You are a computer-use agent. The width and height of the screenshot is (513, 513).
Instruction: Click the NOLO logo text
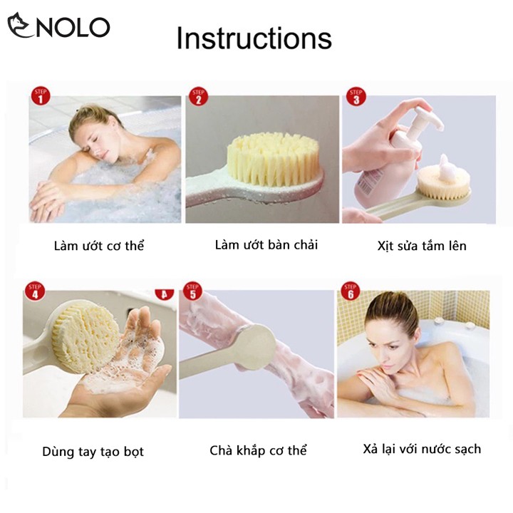click(73, 27)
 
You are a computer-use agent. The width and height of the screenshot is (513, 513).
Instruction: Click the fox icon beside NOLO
click(20, 25)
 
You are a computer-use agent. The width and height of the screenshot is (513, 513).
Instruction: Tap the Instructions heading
click(254, 38)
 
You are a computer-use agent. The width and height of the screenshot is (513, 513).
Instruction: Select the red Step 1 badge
click(41, 96)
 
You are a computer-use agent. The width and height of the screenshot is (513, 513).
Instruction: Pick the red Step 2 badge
click(198, 96)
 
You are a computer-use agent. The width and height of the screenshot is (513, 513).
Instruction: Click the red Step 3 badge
click(356, 96)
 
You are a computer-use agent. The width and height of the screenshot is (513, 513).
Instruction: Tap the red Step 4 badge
click(35, 291)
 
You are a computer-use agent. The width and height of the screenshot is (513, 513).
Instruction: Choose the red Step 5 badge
click(192, 291)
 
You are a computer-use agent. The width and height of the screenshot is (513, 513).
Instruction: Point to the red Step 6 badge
click(351, 291)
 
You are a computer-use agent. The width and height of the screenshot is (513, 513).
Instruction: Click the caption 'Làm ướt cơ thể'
click(99, 246)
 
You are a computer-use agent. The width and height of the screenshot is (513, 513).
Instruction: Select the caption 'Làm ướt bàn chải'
click(266, 244)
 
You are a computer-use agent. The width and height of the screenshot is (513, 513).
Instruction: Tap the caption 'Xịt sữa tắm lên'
click(422, 246)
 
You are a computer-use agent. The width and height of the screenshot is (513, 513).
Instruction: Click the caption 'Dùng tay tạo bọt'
click(93, 452)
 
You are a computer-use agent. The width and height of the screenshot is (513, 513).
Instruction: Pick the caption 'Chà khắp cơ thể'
click(258, 450)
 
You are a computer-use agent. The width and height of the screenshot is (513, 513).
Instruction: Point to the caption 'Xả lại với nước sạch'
click(422, 449)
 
